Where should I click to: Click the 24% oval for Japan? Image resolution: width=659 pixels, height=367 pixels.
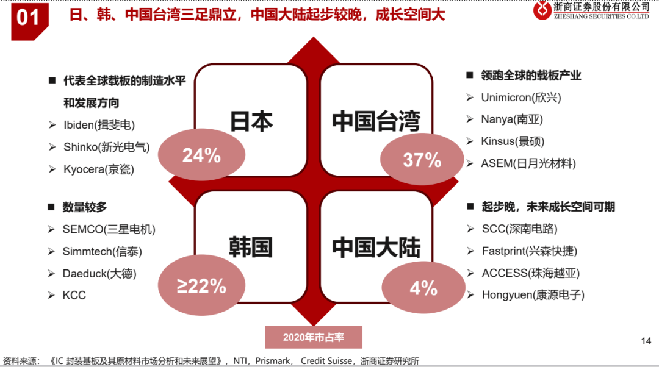(x=202, y=155)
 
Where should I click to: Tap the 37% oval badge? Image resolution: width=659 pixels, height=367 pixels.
(x=422, y=160)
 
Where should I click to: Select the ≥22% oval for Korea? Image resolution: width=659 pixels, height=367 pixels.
(x=202, y=285)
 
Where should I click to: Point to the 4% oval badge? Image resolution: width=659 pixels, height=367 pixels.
(x=423, y=288)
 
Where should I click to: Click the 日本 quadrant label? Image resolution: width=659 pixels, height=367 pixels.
(x=251, y=121)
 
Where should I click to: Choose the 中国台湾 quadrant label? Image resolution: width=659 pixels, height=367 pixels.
(x=376, y=121)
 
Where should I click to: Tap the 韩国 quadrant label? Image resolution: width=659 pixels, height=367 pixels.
(x=251, y=247)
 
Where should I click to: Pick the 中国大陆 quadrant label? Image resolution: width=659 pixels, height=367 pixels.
(x=376, y=247)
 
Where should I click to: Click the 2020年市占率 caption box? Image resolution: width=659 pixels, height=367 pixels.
(x=314, y=337)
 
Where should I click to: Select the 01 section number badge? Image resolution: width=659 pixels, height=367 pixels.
(x=29, y=21)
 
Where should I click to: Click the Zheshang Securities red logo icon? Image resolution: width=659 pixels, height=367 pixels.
(x=542, y=10)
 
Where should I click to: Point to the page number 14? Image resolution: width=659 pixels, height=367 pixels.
(x=646, y=341)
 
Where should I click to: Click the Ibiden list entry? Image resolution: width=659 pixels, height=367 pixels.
(x=99, y=125)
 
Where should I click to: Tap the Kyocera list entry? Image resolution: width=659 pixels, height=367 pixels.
(x=99, y=169)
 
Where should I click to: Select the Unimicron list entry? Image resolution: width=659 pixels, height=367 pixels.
(x=521, y=98)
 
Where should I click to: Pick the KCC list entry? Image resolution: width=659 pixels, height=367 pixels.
(x=74, y=295)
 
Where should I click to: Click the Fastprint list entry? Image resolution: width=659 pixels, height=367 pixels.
(x=530, y=251)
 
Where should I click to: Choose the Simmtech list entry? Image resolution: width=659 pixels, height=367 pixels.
(x=103, y=252)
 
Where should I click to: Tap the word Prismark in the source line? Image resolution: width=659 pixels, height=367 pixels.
(x=273, y=361)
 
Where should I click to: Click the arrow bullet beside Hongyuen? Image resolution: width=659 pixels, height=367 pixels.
(x=470, y=295)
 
